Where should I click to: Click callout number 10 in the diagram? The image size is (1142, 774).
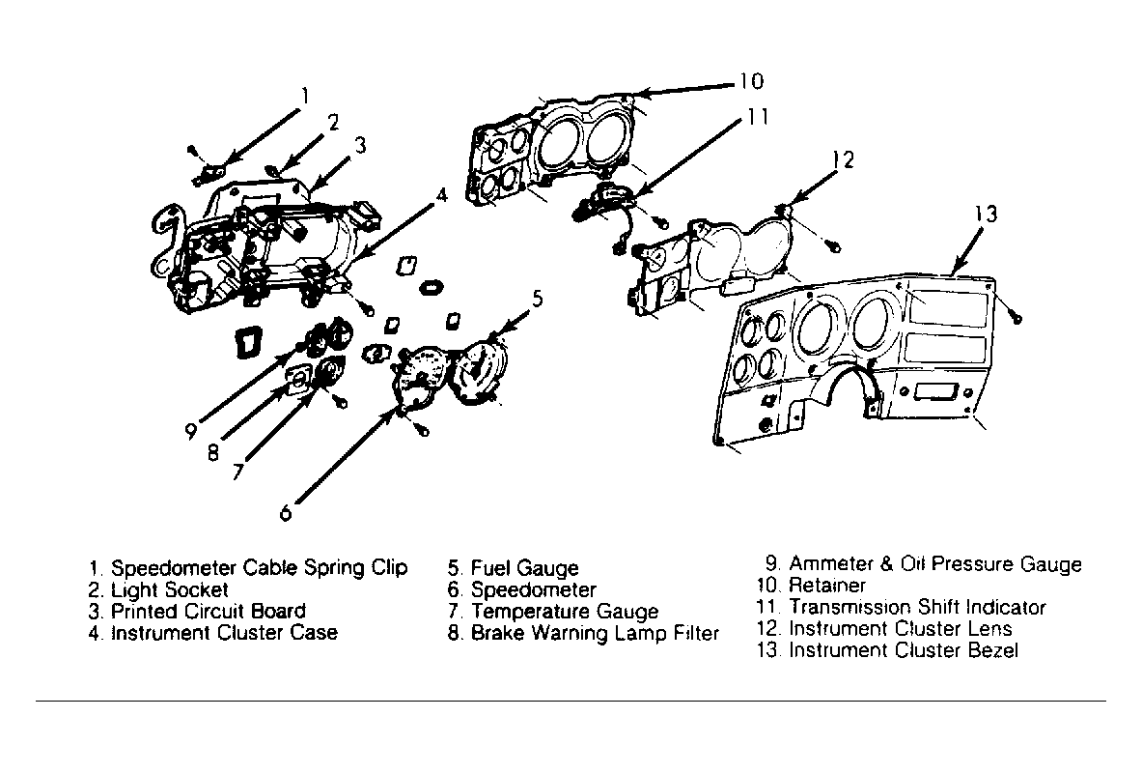[751, 80]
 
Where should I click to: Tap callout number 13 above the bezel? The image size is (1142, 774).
[985, 215]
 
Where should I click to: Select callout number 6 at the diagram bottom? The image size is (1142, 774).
[286, 513]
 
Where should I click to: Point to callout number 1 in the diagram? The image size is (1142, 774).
[306, 96]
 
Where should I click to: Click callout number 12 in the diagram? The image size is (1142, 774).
[844, 159]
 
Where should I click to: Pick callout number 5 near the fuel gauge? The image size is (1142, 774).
[538, 298]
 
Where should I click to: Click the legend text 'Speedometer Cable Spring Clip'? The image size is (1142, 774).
[260, 568]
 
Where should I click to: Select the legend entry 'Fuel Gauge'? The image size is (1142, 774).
[525, 568]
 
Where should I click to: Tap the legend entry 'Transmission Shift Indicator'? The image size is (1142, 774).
[918, 607]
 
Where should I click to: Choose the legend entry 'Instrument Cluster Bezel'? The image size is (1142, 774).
[904, 650]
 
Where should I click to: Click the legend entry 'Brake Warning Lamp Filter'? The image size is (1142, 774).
[595, 633]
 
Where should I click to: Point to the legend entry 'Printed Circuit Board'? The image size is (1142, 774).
[209, 611]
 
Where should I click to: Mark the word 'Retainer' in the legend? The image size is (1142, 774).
[827, 586]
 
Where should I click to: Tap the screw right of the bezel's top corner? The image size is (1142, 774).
[1016, 316]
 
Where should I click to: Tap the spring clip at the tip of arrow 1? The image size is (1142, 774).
[210, 175]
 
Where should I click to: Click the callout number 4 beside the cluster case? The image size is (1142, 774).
[441, 195]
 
